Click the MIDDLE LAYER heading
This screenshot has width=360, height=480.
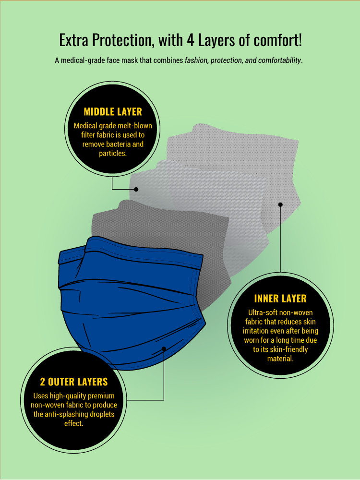tap(113, 112)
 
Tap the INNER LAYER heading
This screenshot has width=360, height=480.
tap(280, 299)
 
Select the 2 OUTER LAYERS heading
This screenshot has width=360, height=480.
tap(74, 382)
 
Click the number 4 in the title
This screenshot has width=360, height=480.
tap(191, 40)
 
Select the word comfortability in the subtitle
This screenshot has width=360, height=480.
tap(280, 60)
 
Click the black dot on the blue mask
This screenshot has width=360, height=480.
tap(164, 349)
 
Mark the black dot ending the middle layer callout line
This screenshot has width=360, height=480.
tap(136, 189)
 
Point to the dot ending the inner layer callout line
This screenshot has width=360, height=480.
tap(280, 204)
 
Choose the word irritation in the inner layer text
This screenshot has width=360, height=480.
tap(256, 331)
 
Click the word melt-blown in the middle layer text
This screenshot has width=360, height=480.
tap(135, 126)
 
